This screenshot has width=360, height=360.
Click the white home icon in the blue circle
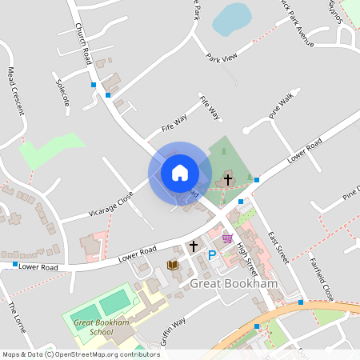click(180, 172)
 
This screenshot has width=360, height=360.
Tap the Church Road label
click(82, 39)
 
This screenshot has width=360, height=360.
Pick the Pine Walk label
click(282, 104)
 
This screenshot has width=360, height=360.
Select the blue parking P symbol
click(212, 255)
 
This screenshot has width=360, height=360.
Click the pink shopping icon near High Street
click(227, 238)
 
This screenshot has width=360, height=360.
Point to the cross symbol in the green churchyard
click(228, 179)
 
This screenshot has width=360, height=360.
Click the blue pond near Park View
click(232, 18)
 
